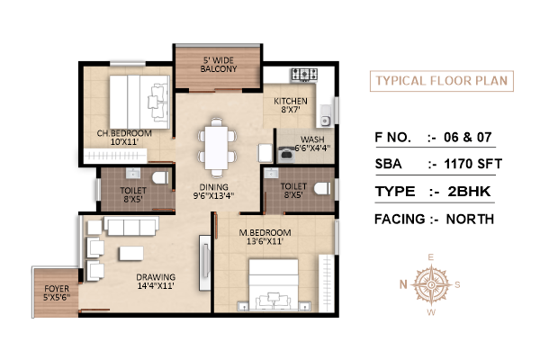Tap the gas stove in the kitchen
click(304, 75)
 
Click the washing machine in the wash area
click(286, 154)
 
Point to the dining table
click(216, 148)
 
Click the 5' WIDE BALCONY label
click(219, 65)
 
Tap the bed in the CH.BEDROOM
click(139, 102)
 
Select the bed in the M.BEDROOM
click(274, 285)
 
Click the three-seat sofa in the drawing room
click(131, 226)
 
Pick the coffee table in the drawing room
click(131, 253)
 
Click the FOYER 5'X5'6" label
click(57, 292)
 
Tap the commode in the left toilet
click(160, 178)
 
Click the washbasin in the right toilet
click(271, 174)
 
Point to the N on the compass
click(403, 284)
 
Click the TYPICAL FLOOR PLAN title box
click(442, 81)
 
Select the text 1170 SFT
click(472, 164)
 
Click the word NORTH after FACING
click(470, 219)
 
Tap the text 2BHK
click(469, 192)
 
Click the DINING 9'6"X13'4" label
click(213, 192)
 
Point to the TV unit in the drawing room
click(205, 263)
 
